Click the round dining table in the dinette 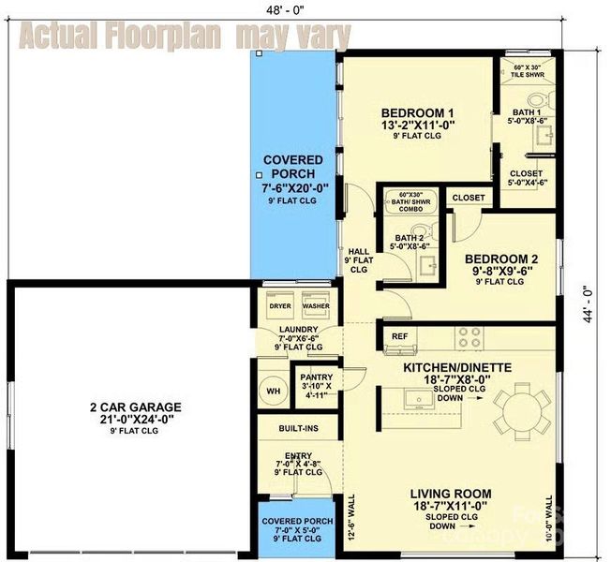click(x=524, y=410)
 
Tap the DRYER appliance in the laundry click(x=278, y=307)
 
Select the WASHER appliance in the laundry click(x=315, y=307)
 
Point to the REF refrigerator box click(x=399, y=334)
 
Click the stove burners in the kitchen click(x=469, y=334)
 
